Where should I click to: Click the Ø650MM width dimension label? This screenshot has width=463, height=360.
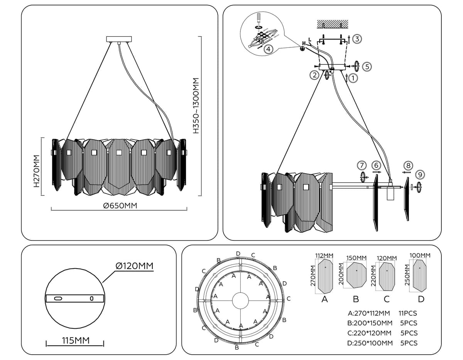pos(120,206)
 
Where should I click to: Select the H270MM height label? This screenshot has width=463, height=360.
pos(37,171)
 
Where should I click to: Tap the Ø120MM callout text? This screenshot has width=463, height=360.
pos(134,266)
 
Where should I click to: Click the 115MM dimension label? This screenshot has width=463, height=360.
pos(76,341)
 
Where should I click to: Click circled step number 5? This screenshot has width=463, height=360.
pos(367,66)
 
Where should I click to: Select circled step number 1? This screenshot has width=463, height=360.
pos(353,78)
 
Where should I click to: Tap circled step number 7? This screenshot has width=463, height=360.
pos(362,166)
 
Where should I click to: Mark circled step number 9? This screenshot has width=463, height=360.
pos(421,175)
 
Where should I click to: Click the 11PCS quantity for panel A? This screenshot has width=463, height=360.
pos(407,314)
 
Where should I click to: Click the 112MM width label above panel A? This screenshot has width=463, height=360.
pos(324,256)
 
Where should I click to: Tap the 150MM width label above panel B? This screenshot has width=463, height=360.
pos(356,258)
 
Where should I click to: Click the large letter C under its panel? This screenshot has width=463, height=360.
pos(387,299)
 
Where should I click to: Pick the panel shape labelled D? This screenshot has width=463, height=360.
pos(421,275)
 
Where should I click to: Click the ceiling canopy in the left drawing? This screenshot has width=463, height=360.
pos(119,39)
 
